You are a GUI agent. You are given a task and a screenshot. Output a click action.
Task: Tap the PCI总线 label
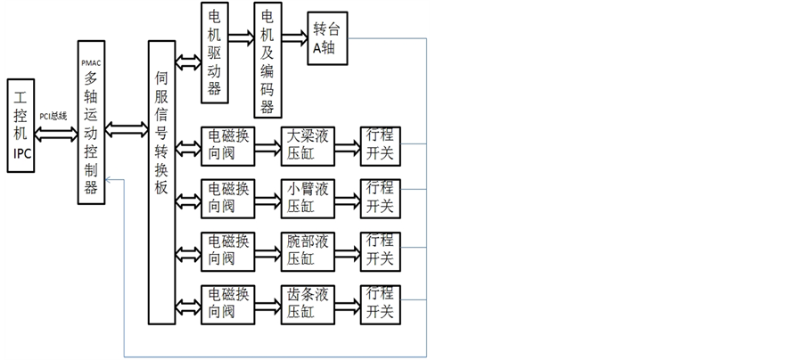pyautogui.click(x=53, y=116)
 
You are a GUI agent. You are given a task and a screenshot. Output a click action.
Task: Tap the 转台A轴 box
pyautogui.click(x=326, y=39)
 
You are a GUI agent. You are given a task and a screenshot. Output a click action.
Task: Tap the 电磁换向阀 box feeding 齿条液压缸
pyautogui.click(x=227, y=303)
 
